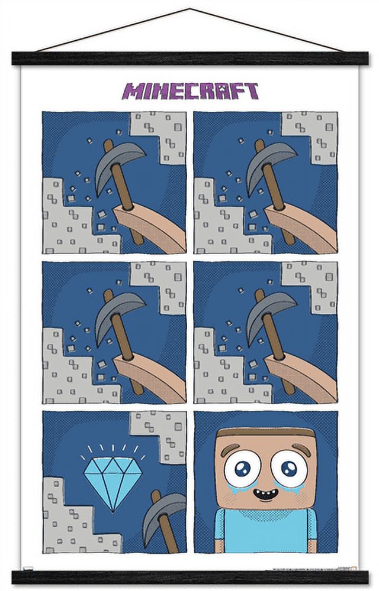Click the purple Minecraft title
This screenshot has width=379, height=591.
[x=190, y=91]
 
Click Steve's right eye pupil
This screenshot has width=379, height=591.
[x=289, y=468]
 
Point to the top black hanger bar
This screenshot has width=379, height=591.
[x=189, y=59]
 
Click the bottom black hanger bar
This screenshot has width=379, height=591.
[x=189, y=577]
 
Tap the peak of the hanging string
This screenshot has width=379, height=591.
[x=189, y=9]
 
